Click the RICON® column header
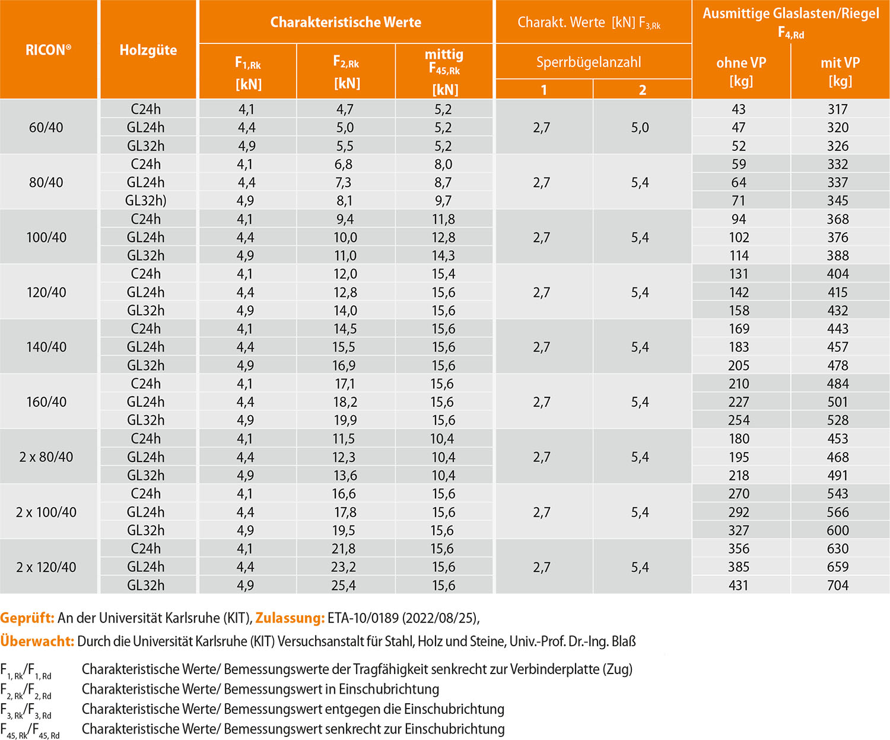[48, 50]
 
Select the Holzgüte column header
[148, 50]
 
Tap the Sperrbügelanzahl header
[588, 62]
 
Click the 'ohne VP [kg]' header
[741, 71]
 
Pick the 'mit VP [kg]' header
[840, 71]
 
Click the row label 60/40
[46, 127]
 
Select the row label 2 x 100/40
[46, 512]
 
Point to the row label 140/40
[46, 347]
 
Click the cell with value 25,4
[344, 585]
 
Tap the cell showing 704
[838, 585]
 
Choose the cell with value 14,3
[443, 255]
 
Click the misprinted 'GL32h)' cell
[146, 201]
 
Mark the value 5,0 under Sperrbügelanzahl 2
[640, 127]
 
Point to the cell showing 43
[739, 109]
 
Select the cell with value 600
[838, 530]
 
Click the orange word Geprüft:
[27, 618]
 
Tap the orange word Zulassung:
[290, 618]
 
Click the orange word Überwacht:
[37, 641]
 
